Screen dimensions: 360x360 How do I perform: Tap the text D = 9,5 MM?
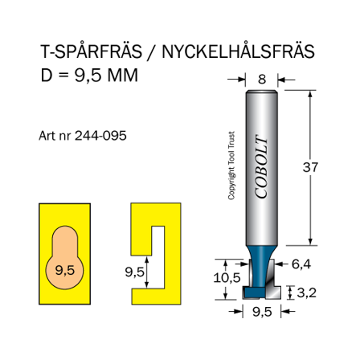tap(89, 76)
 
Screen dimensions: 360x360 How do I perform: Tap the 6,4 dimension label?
tap(301, 263)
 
